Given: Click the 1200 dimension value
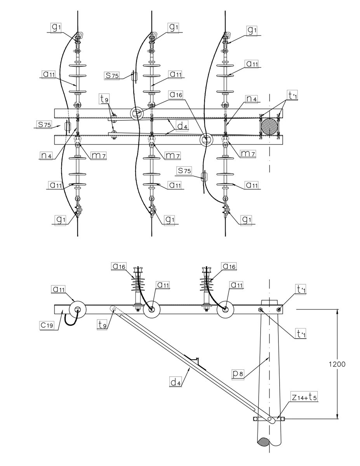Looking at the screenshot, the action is coord(337,364).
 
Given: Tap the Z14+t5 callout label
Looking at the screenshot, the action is coord(304,397).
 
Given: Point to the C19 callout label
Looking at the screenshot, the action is coord(47,325).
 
